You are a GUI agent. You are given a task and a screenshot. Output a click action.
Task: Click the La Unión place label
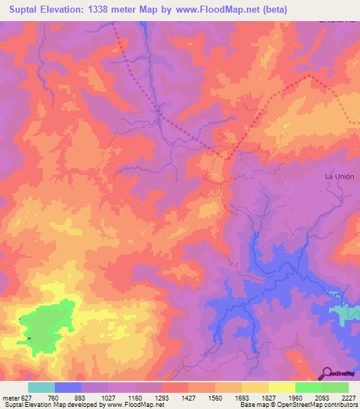tap(339, 176)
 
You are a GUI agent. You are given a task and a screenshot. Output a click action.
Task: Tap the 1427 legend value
tap(189, 397)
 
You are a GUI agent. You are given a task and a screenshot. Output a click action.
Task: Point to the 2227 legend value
tap(349, 397)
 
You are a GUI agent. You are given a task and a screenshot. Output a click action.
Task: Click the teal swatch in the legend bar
tap(41, 387)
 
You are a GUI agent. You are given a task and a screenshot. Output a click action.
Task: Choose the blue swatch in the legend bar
tap(68, 387)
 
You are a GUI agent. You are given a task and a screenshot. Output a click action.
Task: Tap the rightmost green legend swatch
tap(335, 387)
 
